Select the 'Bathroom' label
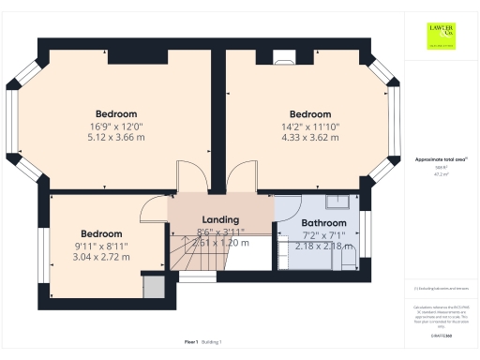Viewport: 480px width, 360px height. (x=324, y=223)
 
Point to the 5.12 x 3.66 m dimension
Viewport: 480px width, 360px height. (x=116, y=137)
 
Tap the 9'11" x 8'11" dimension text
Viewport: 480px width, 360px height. (x=101, y=246)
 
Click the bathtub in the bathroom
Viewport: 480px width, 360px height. (x=307, y=255)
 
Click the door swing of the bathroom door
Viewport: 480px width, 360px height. (x=288, y=207)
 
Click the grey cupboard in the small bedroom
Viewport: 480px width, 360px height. (x=153, y=287)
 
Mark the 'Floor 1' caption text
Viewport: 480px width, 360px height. (x=190, y=342)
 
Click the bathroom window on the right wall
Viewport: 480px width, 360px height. (x=367, y=234)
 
